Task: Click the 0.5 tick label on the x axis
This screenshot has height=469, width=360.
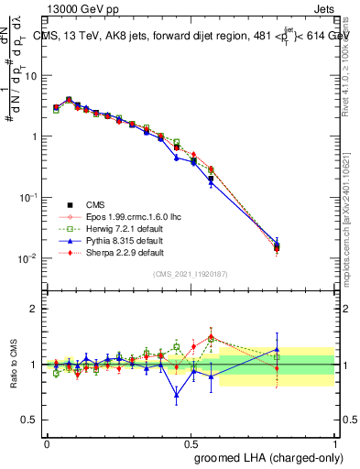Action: click(191, 442)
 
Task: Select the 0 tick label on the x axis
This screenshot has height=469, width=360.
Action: click(47, 442)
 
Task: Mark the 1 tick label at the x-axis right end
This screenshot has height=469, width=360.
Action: click(334, 442)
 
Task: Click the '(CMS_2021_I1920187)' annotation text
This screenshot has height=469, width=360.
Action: click(190, 273)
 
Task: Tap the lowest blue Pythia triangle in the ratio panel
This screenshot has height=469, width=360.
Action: click(176, 396)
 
